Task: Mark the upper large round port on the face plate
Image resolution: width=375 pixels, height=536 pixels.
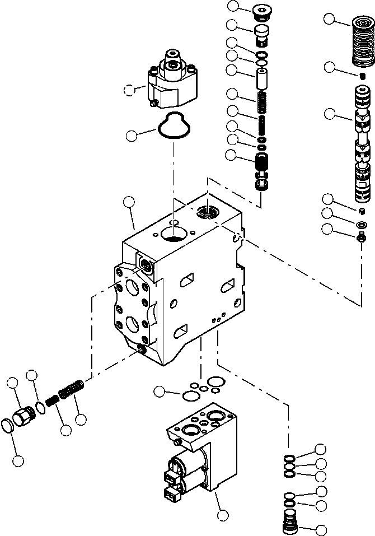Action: [132, 287]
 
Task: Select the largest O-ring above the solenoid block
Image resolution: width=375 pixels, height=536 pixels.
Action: [190, 395]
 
